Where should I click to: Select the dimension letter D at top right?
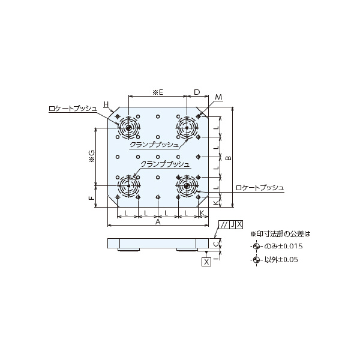tap(197, 92)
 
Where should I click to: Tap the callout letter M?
tap(219, 97)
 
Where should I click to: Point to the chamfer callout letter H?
tap(106, 104)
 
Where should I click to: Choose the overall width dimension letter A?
tap(158, 222)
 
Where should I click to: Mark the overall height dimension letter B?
tap(228, 158)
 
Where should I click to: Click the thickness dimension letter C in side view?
tap(219, 244)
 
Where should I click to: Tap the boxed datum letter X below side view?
tap(206, 262)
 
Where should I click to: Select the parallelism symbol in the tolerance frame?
tap(223, 224)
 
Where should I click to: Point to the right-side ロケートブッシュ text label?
tap(260, 188)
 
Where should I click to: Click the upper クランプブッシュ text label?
tap(154, 145)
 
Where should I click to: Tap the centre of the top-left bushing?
tap(128, 127)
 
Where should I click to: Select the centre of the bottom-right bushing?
tap(187, 185)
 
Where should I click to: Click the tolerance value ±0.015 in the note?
tap(289, 247)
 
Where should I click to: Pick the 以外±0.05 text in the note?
tap(281, 260)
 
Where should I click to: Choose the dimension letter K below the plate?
tap(202, 213)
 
